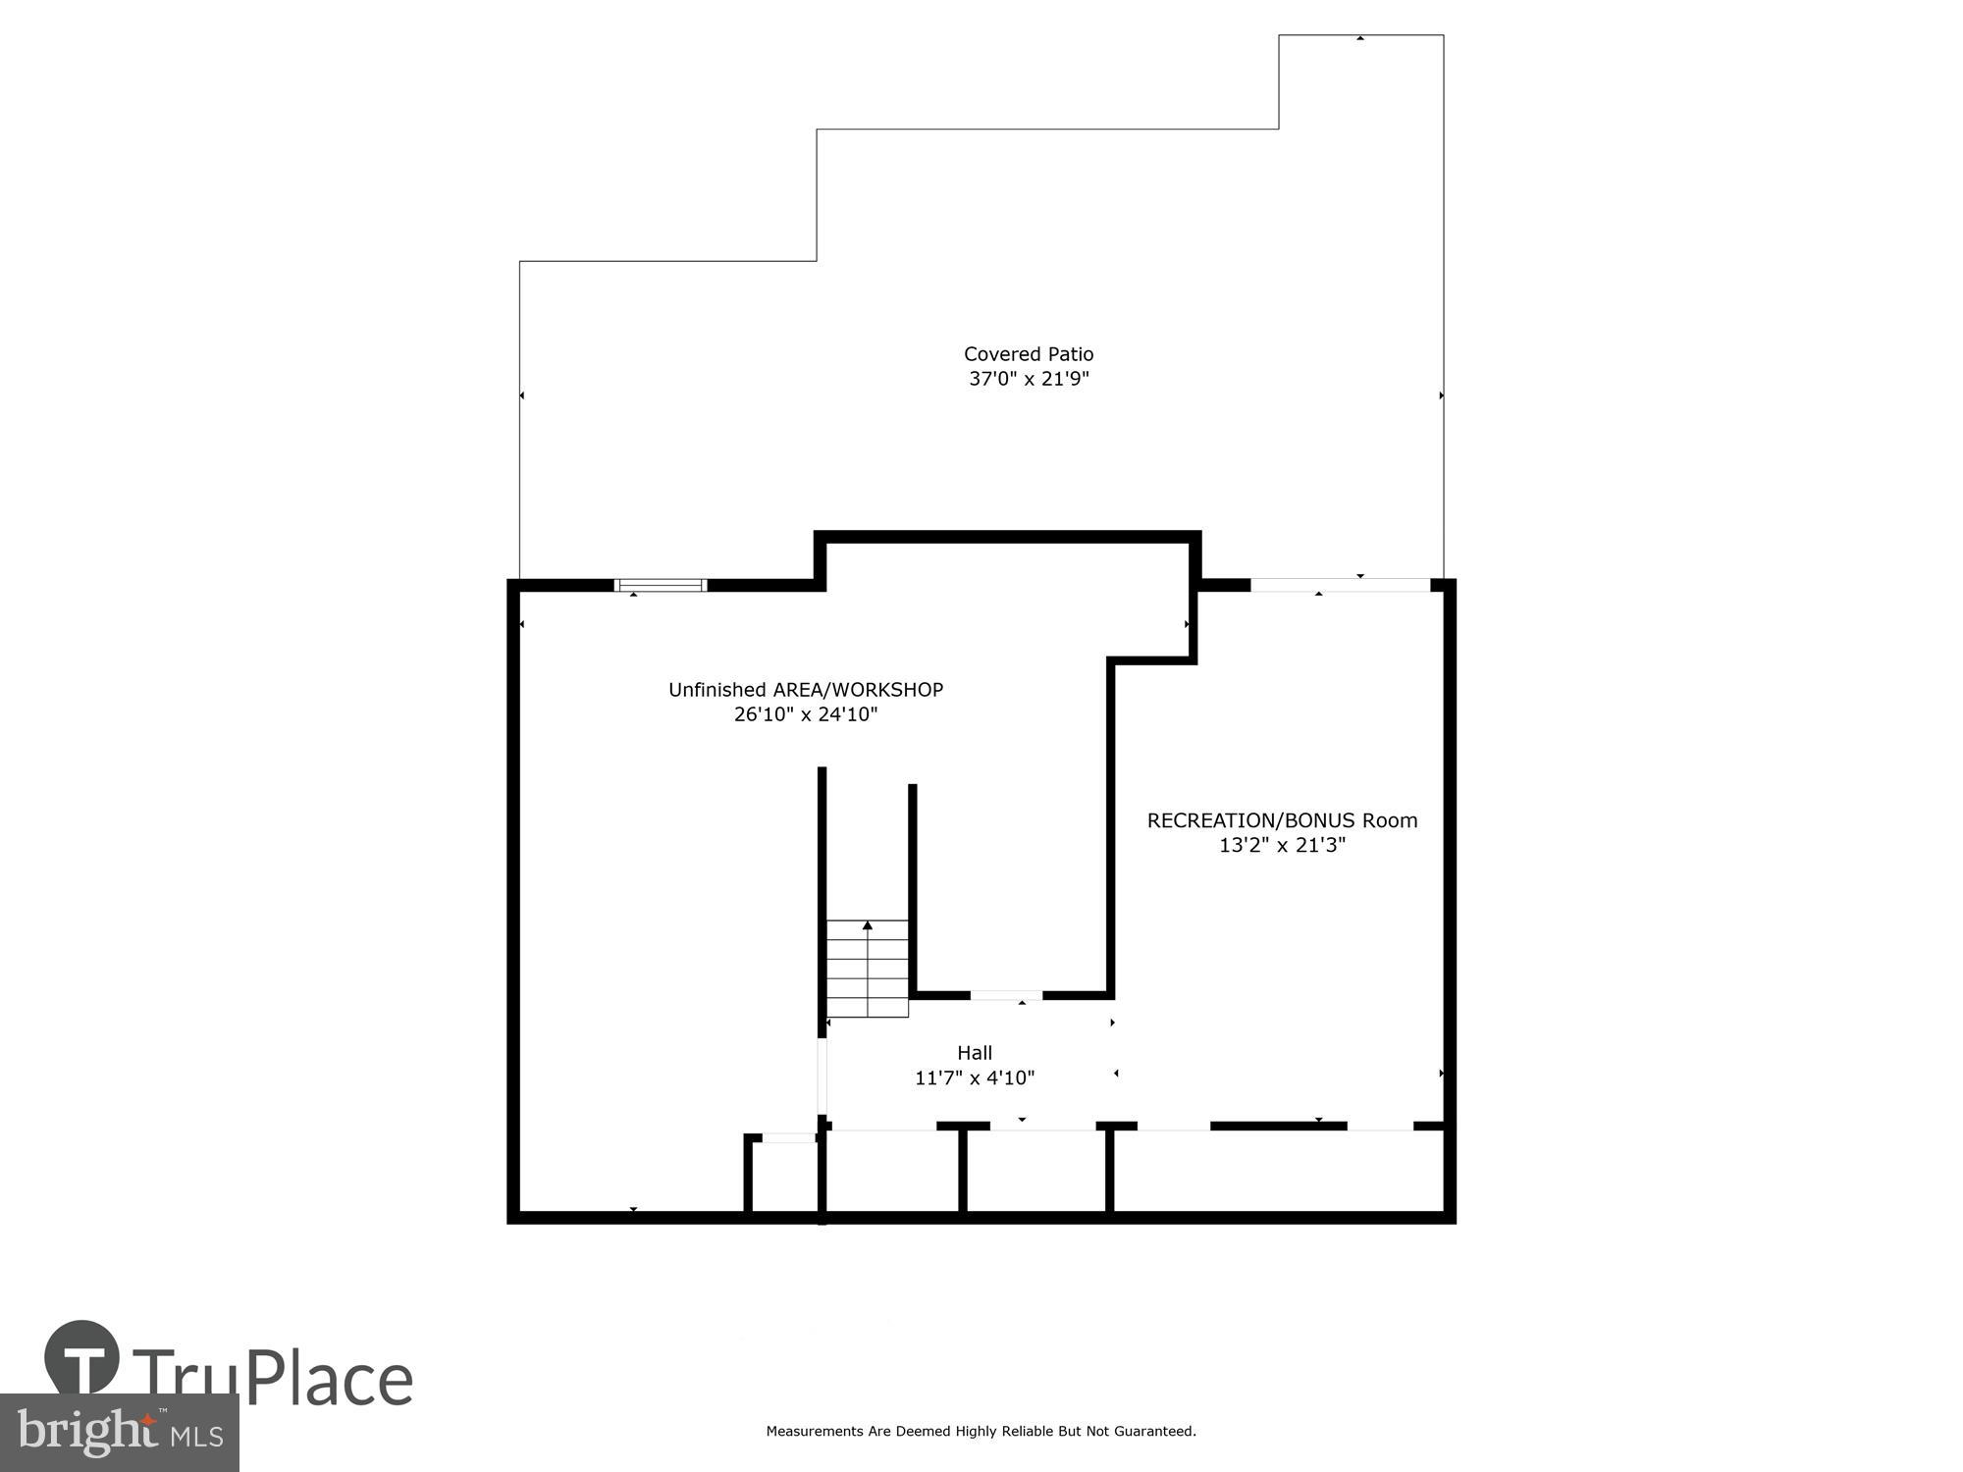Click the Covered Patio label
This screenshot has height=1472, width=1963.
coord(1028,354)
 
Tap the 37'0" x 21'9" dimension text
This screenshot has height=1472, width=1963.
coord(1028,379)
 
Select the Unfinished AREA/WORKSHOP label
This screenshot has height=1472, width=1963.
coord(805,690)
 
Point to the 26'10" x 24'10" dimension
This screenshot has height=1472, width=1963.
coord(805,714)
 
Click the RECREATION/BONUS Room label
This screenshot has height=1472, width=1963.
coord(1282,820)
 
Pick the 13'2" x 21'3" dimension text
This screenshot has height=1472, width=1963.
coord(1282,845)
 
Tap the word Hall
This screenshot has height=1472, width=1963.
coord(974,1053)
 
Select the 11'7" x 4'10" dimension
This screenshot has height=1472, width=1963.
coord(974,1078)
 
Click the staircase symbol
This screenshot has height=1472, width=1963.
coord(867,969)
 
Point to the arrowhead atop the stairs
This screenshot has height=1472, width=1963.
coord(867,925)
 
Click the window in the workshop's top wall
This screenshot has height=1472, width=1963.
coord(660,586)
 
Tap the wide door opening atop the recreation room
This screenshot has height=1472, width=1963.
coord(1340,586)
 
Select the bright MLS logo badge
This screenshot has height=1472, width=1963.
coord(119,1433)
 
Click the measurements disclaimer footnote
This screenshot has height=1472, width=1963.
coord(981,1432)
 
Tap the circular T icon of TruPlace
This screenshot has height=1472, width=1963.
coord(82,1359)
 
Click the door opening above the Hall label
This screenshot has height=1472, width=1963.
coord(1006,995)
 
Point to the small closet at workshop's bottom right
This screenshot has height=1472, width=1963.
coord(783,1178)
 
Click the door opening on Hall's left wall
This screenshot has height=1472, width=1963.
coord(822,1077)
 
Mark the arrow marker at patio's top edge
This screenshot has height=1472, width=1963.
coord(1359,38)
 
